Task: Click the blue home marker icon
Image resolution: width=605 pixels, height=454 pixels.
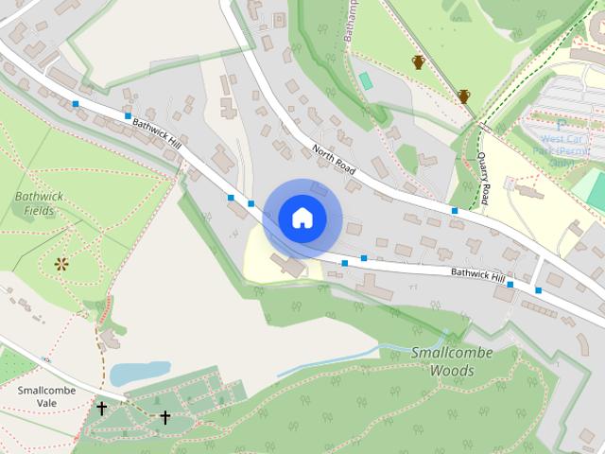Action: point(302,218)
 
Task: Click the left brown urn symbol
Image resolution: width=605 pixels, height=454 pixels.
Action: point(418,62)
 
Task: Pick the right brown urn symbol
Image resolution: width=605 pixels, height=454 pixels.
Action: point(463,96)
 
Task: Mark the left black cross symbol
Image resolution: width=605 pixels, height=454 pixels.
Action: point(101,409)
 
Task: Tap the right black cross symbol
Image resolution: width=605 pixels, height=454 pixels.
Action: point(164,416)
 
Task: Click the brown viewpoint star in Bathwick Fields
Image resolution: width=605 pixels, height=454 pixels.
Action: point(62,263)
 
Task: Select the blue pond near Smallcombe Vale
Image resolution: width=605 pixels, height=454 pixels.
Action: point(139,374)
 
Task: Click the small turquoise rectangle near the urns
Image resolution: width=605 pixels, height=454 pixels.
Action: point(366,80)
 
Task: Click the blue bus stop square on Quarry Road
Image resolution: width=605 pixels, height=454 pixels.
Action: point(455,210)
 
